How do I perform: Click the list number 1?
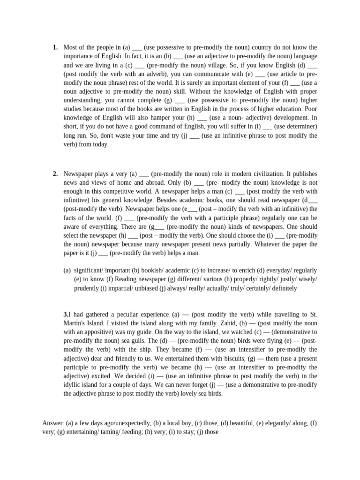coord(55,47)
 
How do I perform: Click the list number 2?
coord(55,174)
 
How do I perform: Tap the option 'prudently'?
coord(88,288)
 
